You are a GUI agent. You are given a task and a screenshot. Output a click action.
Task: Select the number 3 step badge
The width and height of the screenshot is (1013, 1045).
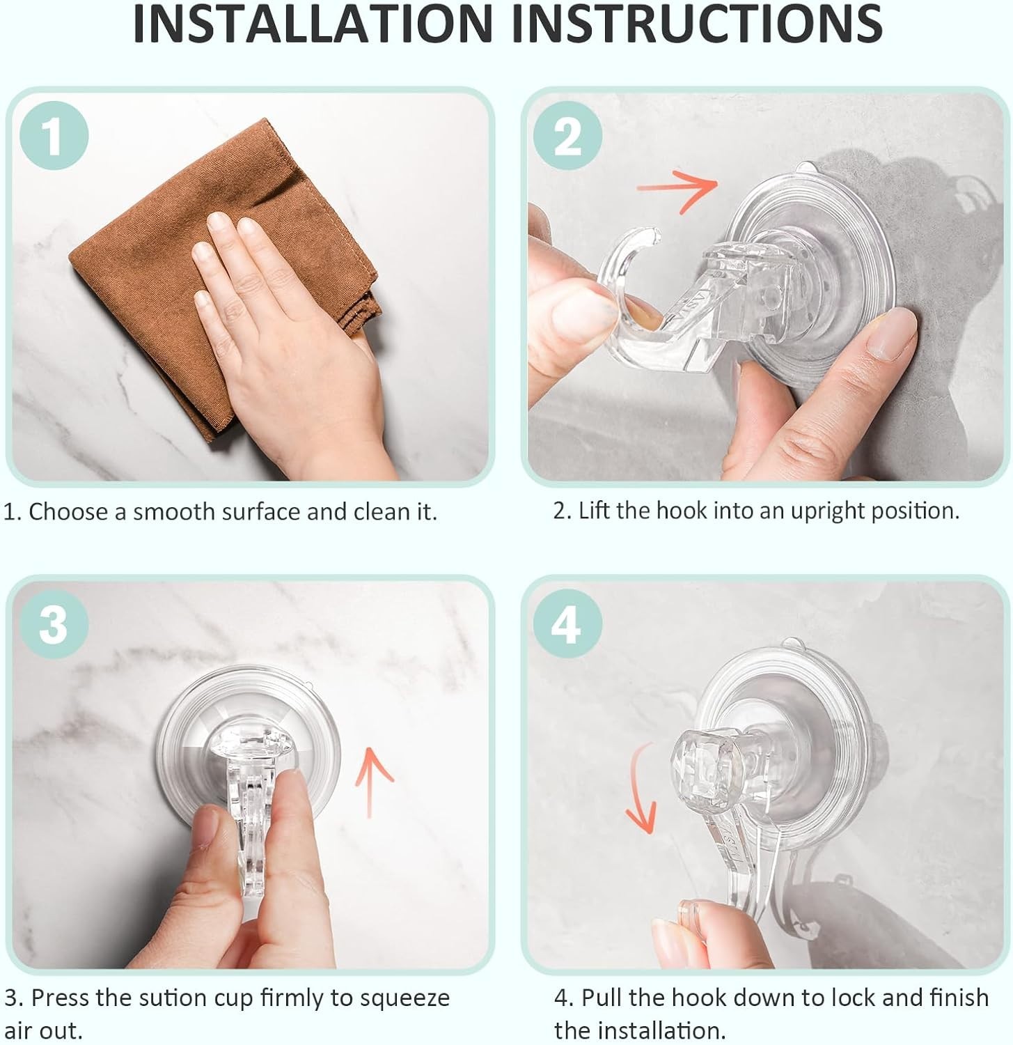click(54, 623)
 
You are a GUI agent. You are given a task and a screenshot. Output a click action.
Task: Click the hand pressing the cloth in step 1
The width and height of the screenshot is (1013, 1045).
click(278, 327)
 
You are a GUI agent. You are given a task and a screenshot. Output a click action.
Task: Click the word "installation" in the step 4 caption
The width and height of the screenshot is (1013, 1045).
click(641, 1030)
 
